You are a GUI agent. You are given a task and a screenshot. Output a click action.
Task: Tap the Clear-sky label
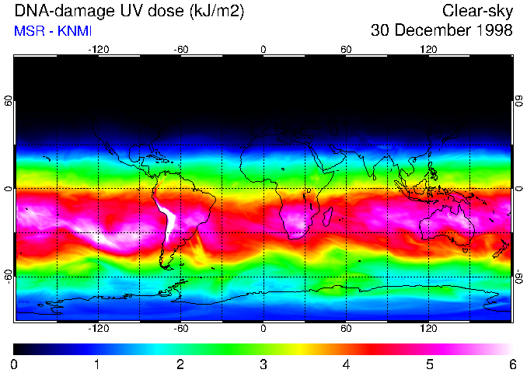click(477, 11)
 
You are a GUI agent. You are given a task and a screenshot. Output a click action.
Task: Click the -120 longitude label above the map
click(98, 49)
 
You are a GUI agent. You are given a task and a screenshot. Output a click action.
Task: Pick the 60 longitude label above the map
click(346, 49)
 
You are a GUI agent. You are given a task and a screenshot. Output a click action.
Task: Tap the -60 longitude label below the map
click(180, 329)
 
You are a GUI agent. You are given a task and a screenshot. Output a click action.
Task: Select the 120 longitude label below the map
click(428, 329)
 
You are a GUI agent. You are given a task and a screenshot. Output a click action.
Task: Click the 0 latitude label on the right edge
click(518, 189)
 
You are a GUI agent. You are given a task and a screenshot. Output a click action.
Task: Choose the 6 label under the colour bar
click(512, 364)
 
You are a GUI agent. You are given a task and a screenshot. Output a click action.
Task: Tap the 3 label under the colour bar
click(263, 364)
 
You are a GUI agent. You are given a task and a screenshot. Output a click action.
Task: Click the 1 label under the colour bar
click(97, 364)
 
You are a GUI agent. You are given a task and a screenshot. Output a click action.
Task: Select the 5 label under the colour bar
click(429, 364)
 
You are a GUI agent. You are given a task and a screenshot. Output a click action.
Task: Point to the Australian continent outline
click(447, 228)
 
